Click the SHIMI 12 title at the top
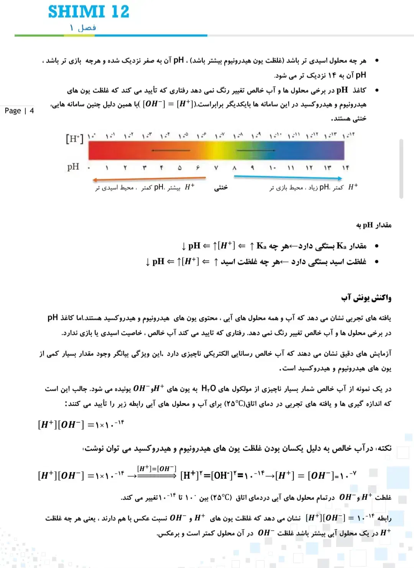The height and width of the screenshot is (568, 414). pyautogui.click(x=89, y=11)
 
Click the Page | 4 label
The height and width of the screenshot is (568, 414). pyautogui.click(x=19, y=111)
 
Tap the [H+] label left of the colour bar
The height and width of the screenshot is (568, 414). pyautogui.click(x=74, y=138)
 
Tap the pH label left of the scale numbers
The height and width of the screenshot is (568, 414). pyautogui.click(x=73, y=167)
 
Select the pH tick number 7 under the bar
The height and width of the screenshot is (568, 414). pyautogui.click(x=216, y=168)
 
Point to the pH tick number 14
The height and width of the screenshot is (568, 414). pyautogui.click(x=345, y=168)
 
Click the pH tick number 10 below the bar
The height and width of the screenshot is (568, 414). pyautogui.click(x=272, y=168)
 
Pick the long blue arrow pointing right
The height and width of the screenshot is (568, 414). pyautogui.click(x=287, y=177)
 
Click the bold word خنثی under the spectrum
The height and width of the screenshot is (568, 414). pyautogui.click(x=221, y=187)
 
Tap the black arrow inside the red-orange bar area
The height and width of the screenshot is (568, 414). pyautogui.click(x=171, y=151)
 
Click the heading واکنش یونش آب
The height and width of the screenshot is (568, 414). pyautogui.click(x=366, y=298)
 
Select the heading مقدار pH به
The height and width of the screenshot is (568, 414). pyautogui.click(x=373, y=225)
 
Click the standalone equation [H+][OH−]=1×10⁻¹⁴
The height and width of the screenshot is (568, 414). pyautogui.click(x=81, y=424)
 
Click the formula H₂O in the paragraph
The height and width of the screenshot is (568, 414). pyautogui.click(x=209, y=388)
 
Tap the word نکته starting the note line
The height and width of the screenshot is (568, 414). pyautogui.click(x=383, y=448)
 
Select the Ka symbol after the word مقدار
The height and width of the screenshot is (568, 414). pyautogui.click(x=341, y=246)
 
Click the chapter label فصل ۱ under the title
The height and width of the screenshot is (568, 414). pyautogui.click(x=83, y=28)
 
